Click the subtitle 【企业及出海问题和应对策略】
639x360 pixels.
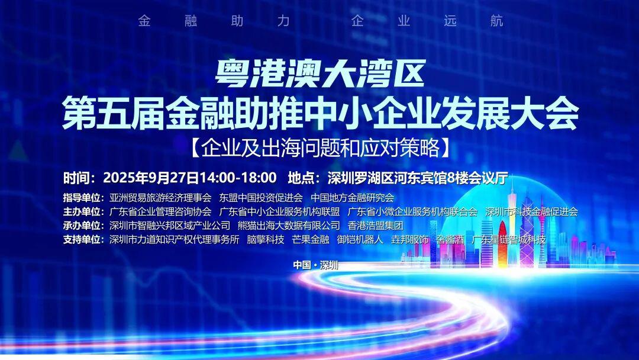coord(319,147)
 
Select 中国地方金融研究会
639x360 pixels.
coord(352,198)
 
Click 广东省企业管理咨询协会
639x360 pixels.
coord(160,211)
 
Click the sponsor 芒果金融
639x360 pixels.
coord(311,240)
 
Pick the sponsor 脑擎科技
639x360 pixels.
coord(266,240)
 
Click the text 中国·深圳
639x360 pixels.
coord(316,265)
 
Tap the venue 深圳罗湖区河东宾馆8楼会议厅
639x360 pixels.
coord(413,178)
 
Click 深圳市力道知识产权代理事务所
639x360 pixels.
coord(175,240)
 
